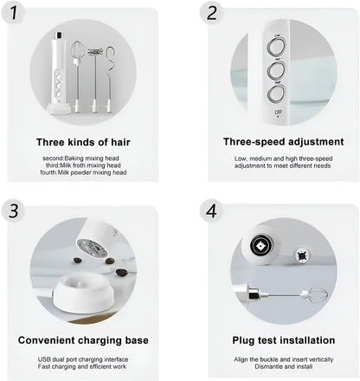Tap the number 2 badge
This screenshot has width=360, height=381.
tap(211, 13)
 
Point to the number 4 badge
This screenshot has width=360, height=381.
tap(211, 210)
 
